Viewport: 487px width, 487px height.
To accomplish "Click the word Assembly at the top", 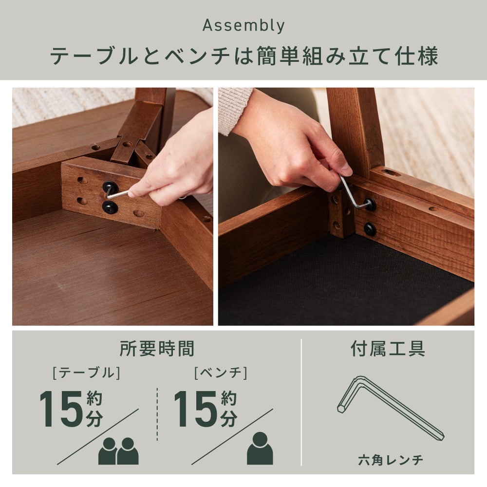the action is click(243, 26).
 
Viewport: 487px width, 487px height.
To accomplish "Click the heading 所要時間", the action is click(157, 349).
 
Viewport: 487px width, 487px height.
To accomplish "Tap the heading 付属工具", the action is click(388, 349).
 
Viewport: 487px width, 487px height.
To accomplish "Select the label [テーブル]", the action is click(87, 373).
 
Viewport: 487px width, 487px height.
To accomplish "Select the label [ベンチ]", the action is click(221, 373).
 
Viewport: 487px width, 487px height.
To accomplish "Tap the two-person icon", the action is click(118, 451).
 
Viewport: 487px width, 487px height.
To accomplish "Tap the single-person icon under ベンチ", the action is click(260, 449).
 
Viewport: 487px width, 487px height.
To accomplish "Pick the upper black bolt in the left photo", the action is click(110, 187).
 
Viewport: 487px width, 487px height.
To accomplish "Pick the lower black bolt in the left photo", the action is click(110, 207).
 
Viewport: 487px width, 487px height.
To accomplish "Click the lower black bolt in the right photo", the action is click(370, 229).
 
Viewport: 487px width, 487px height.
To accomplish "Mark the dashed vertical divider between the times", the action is click(157, 414).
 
